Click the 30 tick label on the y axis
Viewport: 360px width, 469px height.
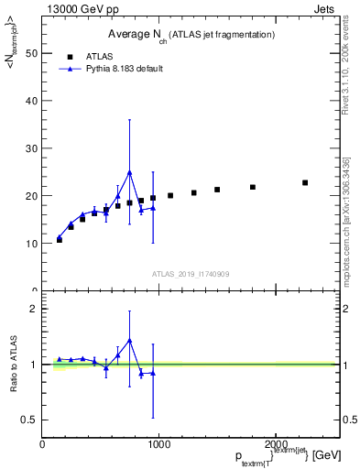pyautogui.click(x=31, y=148)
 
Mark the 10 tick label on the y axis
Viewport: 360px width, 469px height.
pyautogui.click(x=31, y=244)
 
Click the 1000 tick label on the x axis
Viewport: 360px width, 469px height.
pyautogui.click(x=158, y=444)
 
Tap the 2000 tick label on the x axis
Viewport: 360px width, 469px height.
pyautogui.click(x=276, y=444)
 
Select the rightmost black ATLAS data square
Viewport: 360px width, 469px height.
pyautogui.click(x=305, y=182)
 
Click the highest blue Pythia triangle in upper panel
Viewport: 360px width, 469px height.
pyautogui.click(x=129, y=172)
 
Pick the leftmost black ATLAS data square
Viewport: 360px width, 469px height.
pyautogui.click(x=60, y=239)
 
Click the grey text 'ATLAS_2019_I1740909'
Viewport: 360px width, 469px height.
pyautogui.click(x=191, y=274)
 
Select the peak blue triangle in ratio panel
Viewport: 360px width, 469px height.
pyautogui.click(x=129, y=340)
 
